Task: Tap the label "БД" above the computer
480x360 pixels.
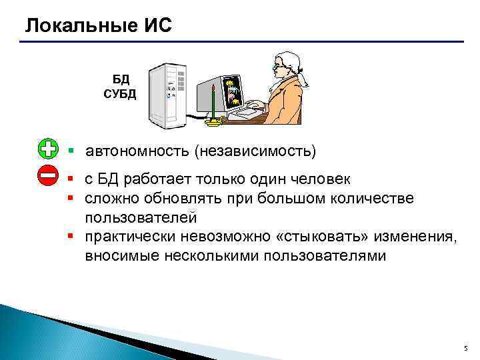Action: coord(120,79)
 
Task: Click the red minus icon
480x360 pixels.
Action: coord(48,176)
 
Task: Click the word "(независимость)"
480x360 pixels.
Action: coord(255,151)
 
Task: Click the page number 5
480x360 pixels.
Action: coord(465,349)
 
